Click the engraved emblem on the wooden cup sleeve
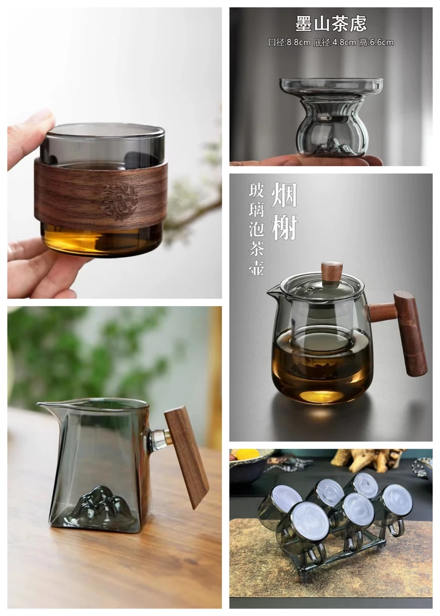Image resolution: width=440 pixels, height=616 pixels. [x=119, y=201]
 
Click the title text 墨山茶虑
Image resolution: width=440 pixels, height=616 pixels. [x=330, y=23]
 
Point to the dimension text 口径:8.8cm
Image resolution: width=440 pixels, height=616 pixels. [x=289, y=42]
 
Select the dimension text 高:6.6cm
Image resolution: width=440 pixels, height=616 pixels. [x=376, y=42]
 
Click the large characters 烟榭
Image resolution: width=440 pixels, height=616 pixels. [x=284, y=211]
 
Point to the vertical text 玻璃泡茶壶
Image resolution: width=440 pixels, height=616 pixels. [x=256, y=229]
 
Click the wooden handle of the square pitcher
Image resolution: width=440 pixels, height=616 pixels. [x=187, y=457]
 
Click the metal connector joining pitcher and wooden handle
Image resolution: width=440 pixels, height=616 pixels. [x=159, y=440]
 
